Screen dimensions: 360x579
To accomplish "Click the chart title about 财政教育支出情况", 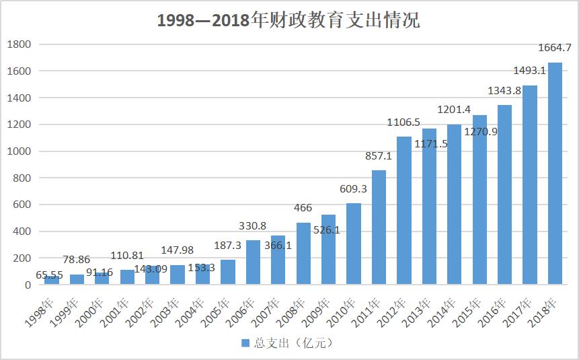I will [288, 20].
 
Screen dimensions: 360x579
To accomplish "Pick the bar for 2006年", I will [253, 262].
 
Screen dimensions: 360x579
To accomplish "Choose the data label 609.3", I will [354, 189].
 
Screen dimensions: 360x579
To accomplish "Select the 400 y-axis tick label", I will [22, 231].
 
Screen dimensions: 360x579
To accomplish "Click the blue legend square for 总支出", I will [245, 343].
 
